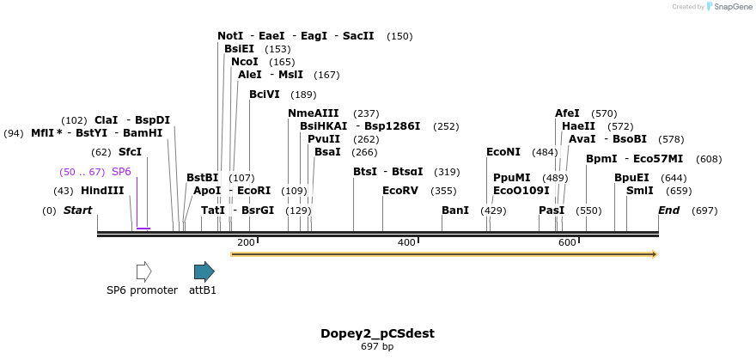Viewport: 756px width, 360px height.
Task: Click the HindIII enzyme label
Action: pos(102,191)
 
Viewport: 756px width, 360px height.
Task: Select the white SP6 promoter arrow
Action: pos(143,272)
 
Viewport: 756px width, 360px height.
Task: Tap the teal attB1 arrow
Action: pos(204,272)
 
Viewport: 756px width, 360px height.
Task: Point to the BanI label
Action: pos(455,211)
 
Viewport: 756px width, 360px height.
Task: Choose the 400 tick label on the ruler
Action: pos(406,243)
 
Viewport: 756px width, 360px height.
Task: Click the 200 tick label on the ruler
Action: pos(246,243)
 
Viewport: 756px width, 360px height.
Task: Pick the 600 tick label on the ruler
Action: pos(567,243)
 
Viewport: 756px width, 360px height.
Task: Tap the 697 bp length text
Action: pos(377,347)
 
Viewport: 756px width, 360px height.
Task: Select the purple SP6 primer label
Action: pos(121,172)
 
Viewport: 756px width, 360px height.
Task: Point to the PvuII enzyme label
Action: pos(324,139)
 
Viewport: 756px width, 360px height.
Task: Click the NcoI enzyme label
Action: pos(245,62)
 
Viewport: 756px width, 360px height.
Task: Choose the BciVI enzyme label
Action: pos(265,95)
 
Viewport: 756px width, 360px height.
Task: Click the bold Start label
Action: pos(77,211)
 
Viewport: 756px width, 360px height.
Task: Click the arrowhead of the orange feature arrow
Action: pos(654,254)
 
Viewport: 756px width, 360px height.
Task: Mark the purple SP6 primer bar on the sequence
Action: pos(143,229)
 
